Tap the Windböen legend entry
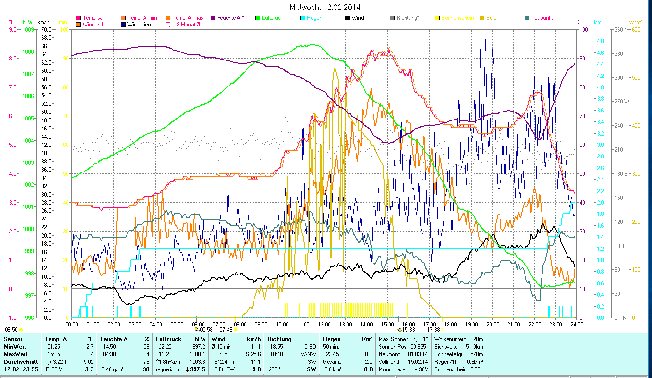click(x=139, y=24)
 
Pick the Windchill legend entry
click(x=95, y=24)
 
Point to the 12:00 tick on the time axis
click(x=324, y=325)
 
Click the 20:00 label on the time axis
click(x=493, y=325)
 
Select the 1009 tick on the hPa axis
click(x=28, y=30)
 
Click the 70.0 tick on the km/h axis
click(x=45, y=30)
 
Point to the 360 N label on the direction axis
click(x=620, y=30)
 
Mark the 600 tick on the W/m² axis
click(x=635, y=30)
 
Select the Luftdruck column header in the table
click(x=169, y=339)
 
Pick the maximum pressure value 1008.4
click(x=197, y=354)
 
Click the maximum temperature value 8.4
click(x=90, y=354)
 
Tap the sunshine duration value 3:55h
click(x=474, y=369)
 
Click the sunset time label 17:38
click(x=433, y=330)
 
